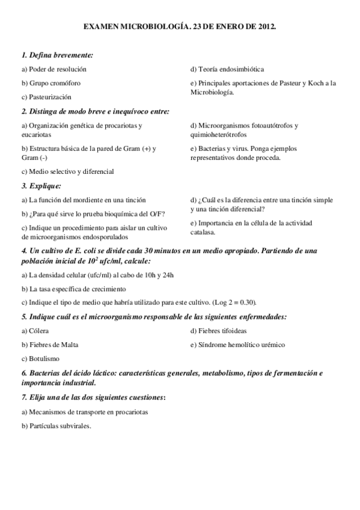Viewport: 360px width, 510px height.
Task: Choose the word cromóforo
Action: [x=64, y=83]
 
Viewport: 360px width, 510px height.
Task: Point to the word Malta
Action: [x=69, y=345]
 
